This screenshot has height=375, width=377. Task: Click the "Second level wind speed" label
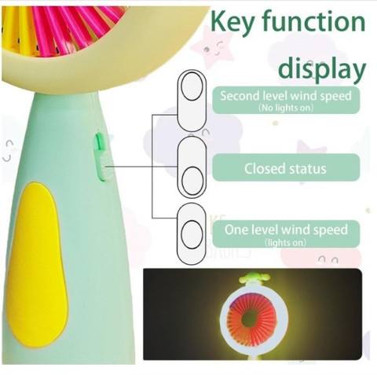286,96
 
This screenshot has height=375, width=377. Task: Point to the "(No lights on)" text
286,108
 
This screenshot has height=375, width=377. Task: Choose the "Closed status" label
285,168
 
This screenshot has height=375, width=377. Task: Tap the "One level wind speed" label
286,230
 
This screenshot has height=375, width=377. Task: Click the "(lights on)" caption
285,243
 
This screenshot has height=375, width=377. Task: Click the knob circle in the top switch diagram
192,86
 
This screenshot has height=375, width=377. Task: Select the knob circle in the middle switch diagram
192,181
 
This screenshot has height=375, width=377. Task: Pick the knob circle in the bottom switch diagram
192,234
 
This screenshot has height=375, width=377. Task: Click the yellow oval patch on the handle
37,265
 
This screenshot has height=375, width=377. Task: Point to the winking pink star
213,46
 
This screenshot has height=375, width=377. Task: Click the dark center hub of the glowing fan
248,319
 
